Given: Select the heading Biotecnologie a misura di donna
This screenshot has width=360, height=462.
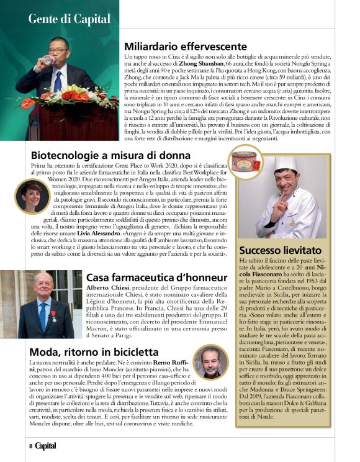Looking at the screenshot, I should point(110,155).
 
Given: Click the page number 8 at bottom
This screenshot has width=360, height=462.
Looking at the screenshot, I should point(29,446).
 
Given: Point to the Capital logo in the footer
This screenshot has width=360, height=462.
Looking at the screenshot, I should point(45,446).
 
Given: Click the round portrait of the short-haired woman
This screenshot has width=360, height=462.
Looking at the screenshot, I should point(32,196).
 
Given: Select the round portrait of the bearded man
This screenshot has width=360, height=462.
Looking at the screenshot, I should point(210,363).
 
